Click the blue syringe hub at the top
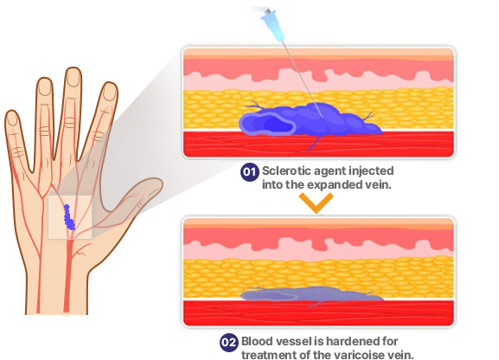tap(272, 25)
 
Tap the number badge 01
tap(249, 172)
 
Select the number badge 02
tap(229, 343)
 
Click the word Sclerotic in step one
tap(287, 170)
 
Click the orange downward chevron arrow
tap(316, 202)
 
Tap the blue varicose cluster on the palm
tap(69, 217)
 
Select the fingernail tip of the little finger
tap(11, 116)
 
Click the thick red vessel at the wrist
tap(67, 277)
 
